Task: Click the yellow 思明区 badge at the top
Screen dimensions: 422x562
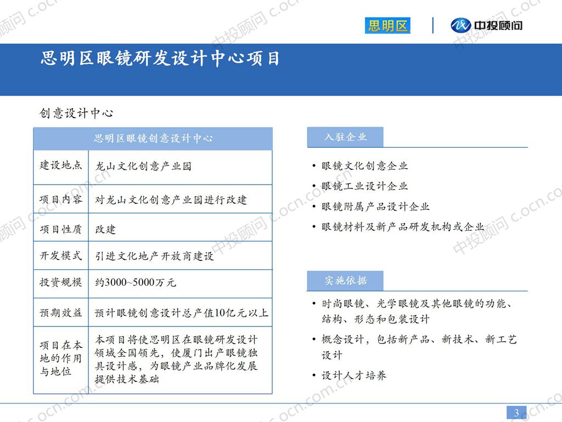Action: (x=387, y=26)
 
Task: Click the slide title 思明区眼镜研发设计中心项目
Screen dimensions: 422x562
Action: (x=160, y=58)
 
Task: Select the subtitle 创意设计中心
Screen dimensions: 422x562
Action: (x=76, y=113)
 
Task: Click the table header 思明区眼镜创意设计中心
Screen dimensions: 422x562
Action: (x=153, y=138)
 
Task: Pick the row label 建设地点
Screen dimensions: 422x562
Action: (x=60, y=165)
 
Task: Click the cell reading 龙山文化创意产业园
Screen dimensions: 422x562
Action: (x=143, y=166)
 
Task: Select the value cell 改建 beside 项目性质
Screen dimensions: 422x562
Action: (x=106, y=229)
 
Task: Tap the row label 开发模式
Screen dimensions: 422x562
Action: (x=60, y=256)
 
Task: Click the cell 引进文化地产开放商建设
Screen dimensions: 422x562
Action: (x=154, y=256)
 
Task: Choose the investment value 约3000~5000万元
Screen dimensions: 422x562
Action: (x=136, y=284)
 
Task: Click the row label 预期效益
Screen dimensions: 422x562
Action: (x=60, y=313)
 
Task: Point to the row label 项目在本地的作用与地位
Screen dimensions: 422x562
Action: (x=60, y=358)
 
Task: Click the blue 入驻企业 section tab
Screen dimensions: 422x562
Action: (x=345, y=137)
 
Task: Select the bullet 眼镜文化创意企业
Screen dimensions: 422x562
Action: (x=364, y=166)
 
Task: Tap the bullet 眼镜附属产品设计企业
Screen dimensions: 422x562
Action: (x=375, y=207)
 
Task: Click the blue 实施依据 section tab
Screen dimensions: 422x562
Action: (x=345, y=281)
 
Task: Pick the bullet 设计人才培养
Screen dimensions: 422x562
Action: (x=353, y=376)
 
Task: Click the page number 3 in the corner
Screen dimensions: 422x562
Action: (x=516, y=413)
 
